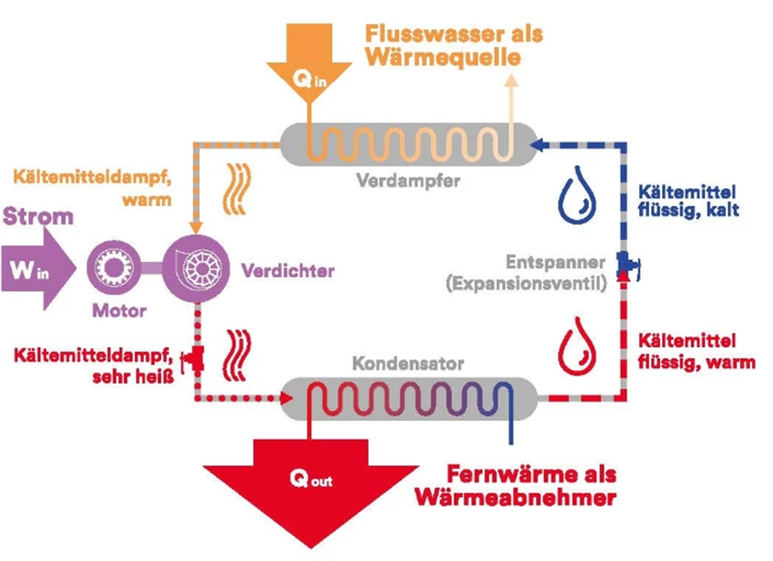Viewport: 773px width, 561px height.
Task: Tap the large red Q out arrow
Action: (310, 490)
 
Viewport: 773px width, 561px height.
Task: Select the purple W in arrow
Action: (38, 269)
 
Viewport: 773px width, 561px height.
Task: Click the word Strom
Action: (38, 216)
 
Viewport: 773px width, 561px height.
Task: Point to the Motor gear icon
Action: (114, 267)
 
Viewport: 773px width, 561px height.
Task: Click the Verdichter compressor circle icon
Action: (196, 269)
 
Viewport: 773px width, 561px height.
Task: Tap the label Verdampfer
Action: (408, 180)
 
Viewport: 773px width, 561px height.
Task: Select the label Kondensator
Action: (408, 363)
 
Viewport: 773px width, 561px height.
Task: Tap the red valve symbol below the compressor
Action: (194, 359)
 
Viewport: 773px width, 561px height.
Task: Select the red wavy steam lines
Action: (238, 356)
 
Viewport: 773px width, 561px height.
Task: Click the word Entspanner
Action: (555, 263)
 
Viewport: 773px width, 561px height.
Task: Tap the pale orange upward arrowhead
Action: (511, 80)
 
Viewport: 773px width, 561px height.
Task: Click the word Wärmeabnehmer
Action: (515, 497)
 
